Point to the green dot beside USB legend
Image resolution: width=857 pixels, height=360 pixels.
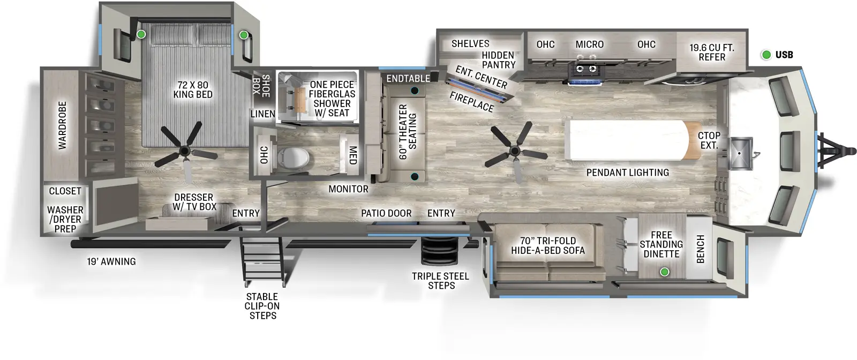pos(766,55)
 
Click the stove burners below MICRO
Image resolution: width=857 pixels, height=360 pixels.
pos(585,69)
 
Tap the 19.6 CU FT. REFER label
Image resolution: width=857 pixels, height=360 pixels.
pos(711,52)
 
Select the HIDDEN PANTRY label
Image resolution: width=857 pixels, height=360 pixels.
pos(498,60)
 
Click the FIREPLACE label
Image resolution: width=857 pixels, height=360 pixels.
pos(472,102)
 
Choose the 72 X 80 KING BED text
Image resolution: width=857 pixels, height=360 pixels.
pos(193,89)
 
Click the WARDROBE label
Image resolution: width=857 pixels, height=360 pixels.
pos(63,125)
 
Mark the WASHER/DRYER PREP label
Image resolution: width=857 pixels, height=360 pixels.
pos(65,219)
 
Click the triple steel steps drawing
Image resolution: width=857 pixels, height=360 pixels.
pos(439,251)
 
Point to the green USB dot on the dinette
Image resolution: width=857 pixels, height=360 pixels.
pos(665,272)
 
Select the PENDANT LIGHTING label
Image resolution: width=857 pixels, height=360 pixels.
pos(627,172)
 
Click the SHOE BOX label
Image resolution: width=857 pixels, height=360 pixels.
pos(261,85)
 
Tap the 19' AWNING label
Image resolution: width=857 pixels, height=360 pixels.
pos(111,261)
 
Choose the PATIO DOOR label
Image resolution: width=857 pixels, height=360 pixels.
pos(386,213)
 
